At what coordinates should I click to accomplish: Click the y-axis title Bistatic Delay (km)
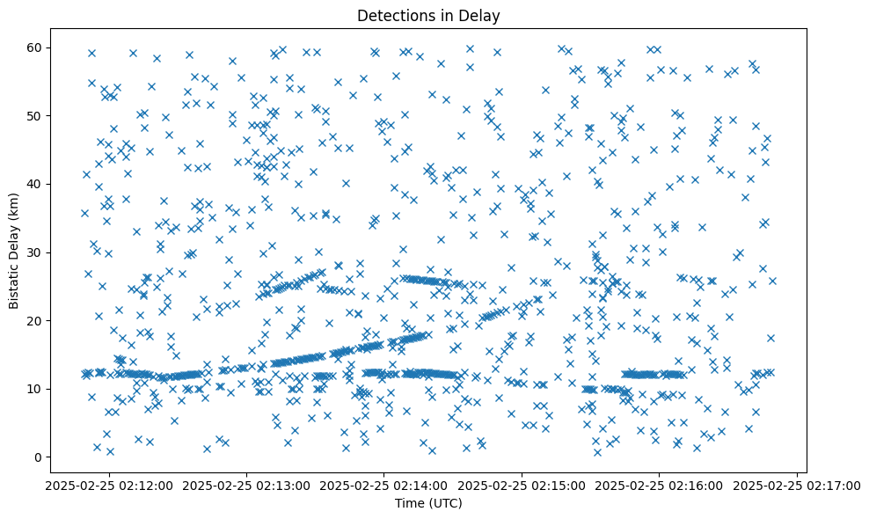[x=15, y=249]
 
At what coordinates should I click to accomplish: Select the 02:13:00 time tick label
[x=246, y=485]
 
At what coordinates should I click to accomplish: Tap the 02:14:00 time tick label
[x=384, y=485]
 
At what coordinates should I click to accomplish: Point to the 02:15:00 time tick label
[x=522, y=485]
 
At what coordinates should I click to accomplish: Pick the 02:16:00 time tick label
[x=661, y=485]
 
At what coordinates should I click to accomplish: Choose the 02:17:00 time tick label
[x=798, y=485]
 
